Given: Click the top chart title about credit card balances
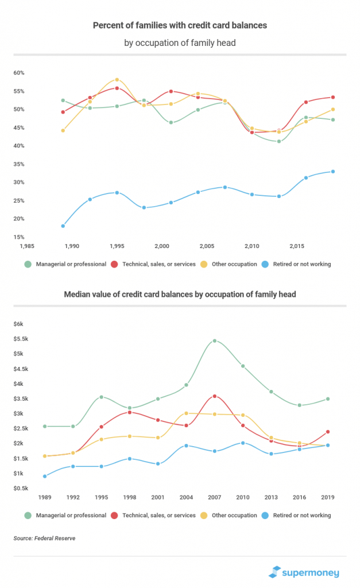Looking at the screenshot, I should (180, 25).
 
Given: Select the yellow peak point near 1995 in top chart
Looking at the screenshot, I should (117, 80).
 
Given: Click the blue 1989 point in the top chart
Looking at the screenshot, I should (63, 226).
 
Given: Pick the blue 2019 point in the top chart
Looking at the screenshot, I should (333, 172).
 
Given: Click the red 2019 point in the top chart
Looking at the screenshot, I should (333, 97).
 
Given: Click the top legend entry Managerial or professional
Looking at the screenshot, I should (67, 264).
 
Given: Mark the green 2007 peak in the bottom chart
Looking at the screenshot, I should (214, 341).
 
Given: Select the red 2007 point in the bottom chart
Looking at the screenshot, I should (214, 396).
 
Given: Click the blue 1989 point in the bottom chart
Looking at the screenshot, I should (45, 476).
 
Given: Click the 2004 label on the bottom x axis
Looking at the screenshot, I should (185, 496).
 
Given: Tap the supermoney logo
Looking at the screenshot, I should (304, 572).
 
